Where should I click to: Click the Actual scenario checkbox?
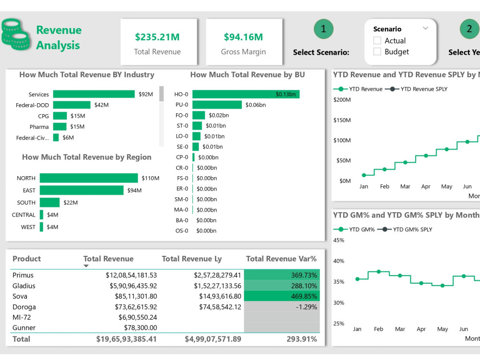[x=377, y=41]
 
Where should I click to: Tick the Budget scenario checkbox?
[x=377, y=52]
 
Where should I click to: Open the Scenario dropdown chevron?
[x=425, y=28]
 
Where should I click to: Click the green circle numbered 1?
[x=323, y=29]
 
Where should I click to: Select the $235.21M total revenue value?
[x=157, y=37]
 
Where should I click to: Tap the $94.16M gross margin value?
[x=243, y=37]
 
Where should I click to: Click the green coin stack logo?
[x=16, y=35]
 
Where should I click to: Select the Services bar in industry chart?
[x=94, y=95]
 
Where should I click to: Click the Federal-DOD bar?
[x=72, y=105]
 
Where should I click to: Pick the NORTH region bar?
[x=89, y=178]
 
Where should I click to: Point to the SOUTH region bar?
[x=49, y=203]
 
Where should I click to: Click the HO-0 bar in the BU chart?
[x=246, y=95]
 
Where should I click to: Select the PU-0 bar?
[x=217, y=105]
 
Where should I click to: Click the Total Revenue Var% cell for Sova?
[x=281, y=297]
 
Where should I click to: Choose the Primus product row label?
[x=23, y=276]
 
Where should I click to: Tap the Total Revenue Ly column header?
[x=192, y=259]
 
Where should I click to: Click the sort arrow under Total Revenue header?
[x=86, y=266]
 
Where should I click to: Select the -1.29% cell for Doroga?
[x=281, y=307]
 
